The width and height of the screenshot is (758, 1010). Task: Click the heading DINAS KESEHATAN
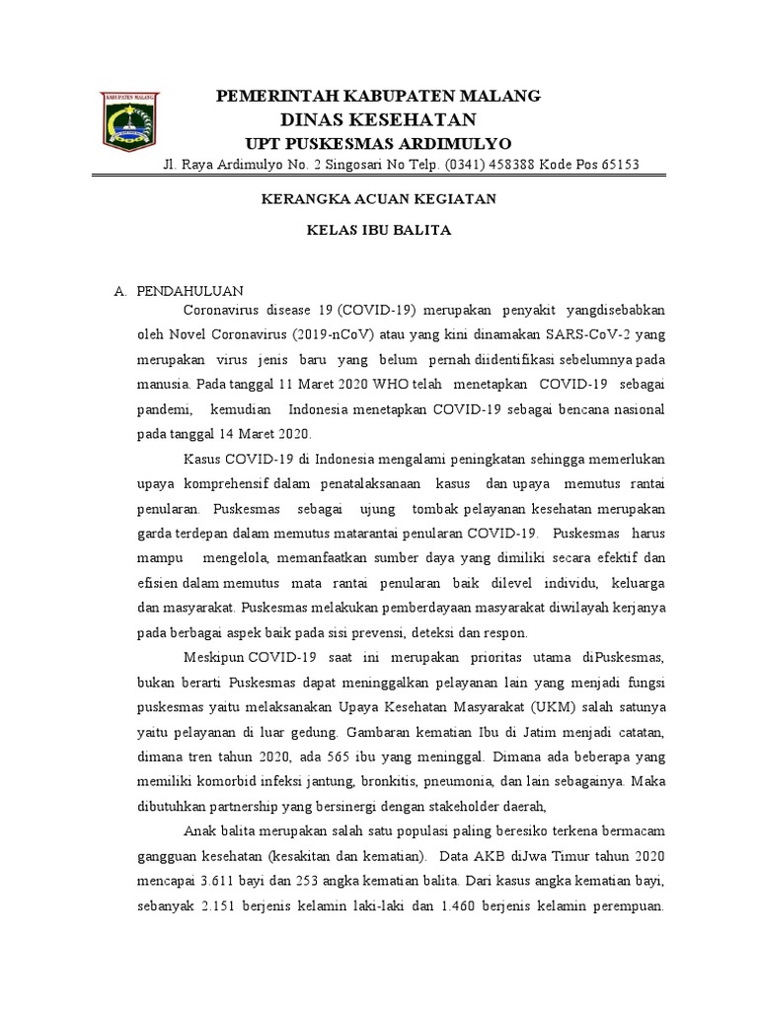click(379, 120)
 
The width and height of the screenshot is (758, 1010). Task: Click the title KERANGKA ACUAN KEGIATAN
click(378, 199)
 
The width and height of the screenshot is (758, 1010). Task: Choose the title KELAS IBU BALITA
click(378, 230)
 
